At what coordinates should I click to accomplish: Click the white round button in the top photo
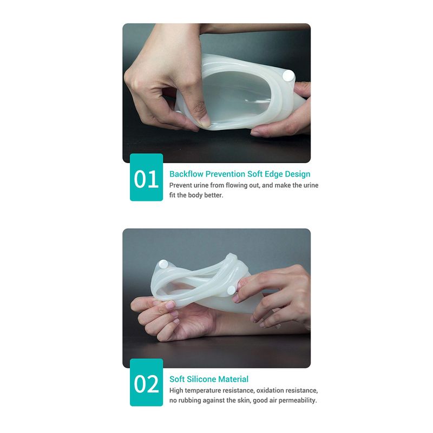click(288, 76)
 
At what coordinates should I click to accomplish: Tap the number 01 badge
click(146, 178)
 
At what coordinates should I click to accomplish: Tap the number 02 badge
click(146, 383)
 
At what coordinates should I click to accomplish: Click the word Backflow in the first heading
click(186, 174)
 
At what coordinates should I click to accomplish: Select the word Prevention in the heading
click(225, 174)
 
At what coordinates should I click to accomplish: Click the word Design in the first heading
click(297, 174)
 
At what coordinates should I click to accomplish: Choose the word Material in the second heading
click(234, 379)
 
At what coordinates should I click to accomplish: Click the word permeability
click(298, 401)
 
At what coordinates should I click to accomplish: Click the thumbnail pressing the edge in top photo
click(206, 121)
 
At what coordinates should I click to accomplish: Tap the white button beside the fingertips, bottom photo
click(231, 290)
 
